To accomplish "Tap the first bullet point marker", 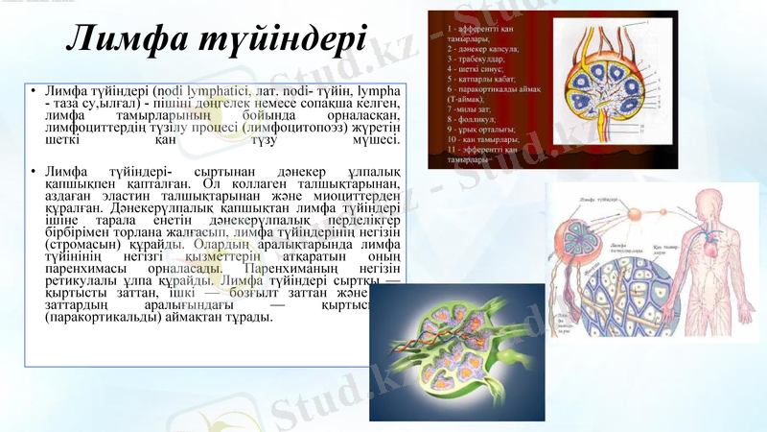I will pyautogui.click(x=32, y=91).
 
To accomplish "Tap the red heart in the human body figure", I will pyautogui.click(x=712, y=231).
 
